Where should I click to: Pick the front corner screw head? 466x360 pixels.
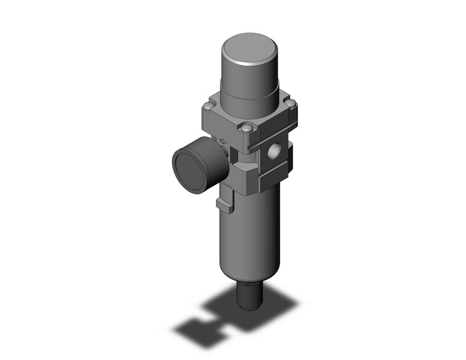[x=246, y=129]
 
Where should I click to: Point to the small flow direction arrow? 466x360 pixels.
[x=223, y=142]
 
